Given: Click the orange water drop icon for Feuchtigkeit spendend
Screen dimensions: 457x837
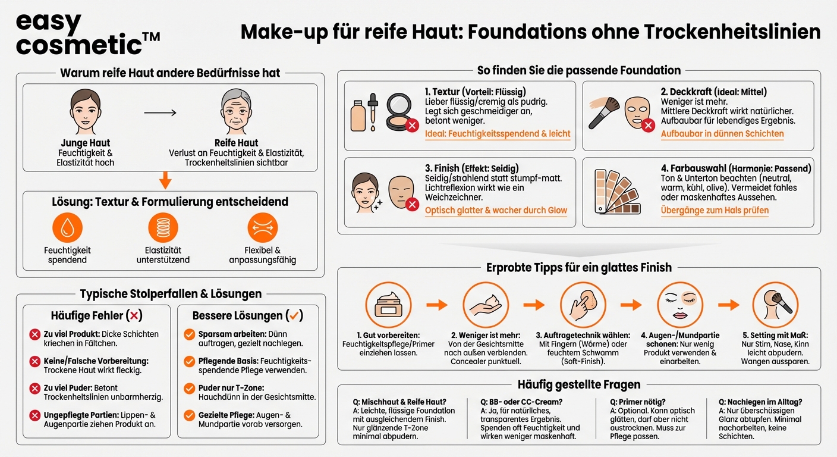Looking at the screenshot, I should click(x=67, y=228).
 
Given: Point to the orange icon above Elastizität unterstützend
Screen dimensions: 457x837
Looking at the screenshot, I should click(x=163, y=228).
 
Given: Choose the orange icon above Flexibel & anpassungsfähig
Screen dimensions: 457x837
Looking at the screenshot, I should click(x=262, y=228).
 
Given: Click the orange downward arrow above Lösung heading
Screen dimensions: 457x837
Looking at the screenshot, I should click(x=166, y=180).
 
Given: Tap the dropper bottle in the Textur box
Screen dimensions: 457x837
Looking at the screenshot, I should click(x=372, y=112).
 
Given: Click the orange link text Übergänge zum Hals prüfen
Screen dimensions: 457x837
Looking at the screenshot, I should click(x=715, y=210).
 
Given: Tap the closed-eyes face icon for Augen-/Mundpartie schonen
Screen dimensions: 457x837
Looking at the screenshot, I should click(x=678, y=305).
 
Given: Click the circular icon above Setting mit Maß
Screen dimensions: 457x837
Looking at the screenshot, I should click(x=775, y=305).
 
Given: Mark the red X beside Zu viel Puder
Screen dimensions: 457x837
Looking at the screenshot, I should click(x=34, y=387).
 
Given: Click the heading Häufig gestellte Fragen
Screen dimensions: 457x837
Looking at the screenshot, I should click(x=578, y=384).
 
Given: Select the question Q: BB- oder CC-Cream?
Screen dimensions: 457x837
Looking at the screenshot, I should click(x=521, y=402).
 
